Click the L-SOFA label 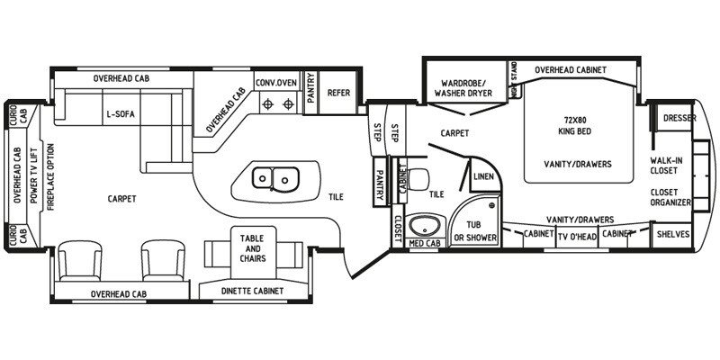pyautogui.click(x=120, y=114)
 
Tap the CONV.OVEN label pyautogui.click(x=276, y=82)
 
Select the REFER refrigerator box pyautogui.click(x=338, y=92)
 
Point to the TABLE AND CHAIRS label pyautogui.click(x=250, y=248)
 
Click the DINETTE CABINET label pyautogui.click(x=252, y=291)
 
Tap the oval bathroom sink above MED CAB pyautogui.click(x=422, y=225)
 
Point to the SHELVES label pyautogui.click(x=673, y=234)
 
